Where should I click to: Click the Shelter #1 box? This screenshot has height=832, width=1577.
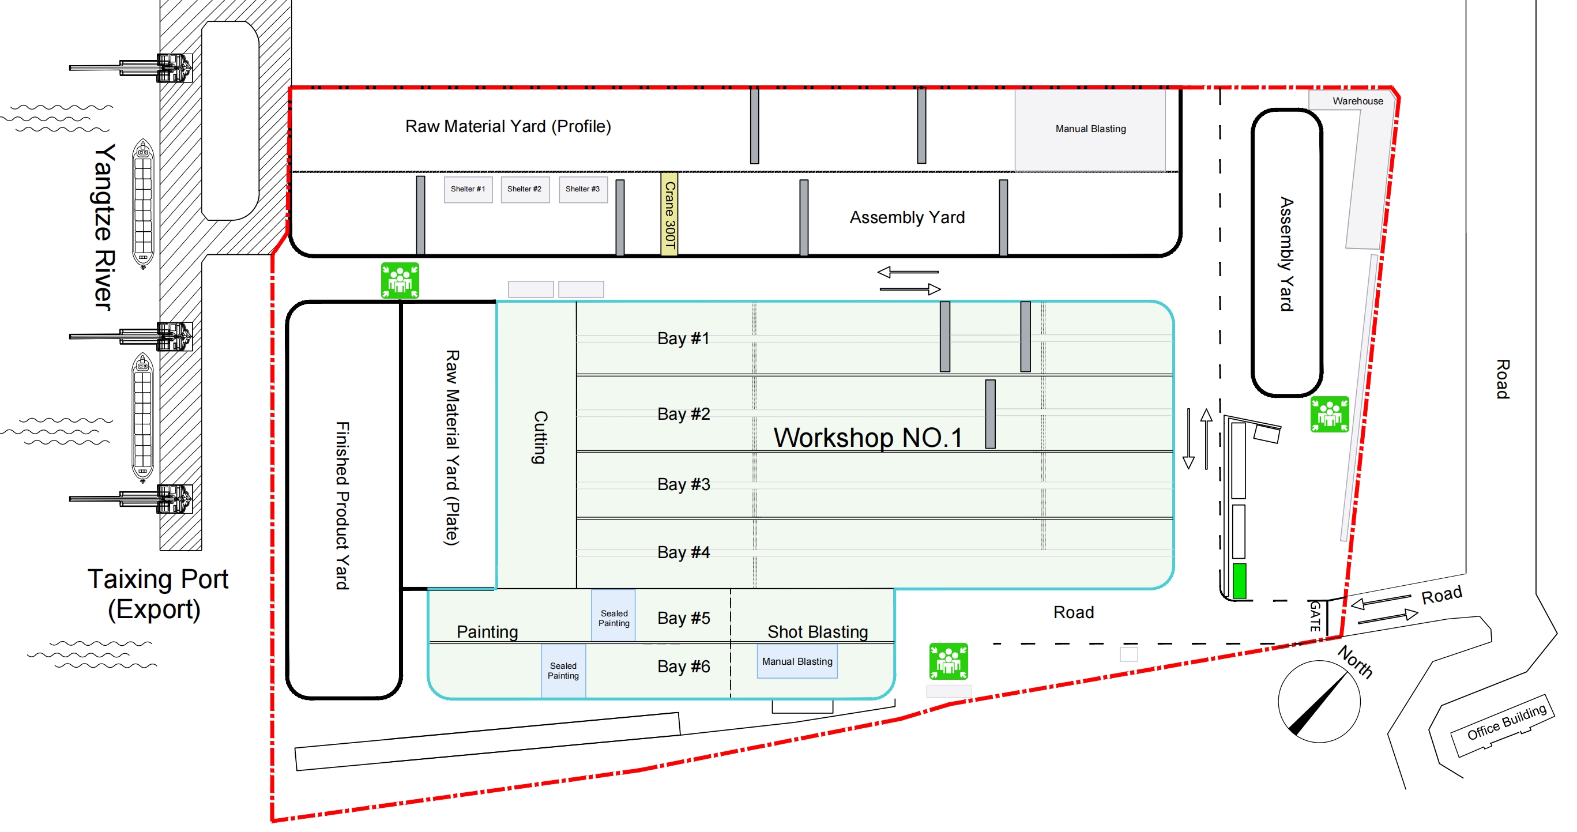pos(468,189)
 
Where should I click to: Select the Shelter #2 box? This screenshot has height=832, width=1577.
pos(525,189)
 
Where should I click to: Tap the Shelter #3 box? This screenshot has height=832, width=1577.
pos(583,189)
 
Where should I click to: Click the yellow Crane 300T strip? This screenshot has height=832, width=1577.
pos(669,214)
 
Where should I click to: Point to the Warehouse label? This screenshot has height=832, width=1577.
pos(1357,101)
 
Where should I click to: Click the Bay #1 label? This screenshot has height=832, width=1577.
pos(683,338)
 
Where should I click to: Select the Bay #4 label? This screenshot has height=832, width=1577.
pos(683,552)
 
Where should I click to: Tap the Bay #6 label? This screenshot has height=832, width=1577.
pos(683,666)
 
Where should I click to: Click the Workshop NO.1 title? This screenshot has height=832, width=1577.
pos(867,438)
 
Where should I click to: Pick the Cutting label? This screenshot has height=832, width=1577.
pos(540,437)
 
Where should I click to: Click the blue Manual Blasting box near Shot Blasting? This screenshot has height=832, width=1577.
pos(797,662)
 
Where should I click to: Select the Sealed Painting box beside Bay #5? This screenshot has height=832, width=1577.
pos(614,618)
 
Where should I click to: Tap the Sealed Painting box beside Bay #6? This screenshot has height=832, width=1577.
pos(563,671)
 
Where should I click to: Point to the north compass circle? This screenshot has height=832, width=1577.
pos(1319,702)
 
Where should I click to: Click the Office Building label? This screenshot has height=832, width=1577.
pos(1507,722)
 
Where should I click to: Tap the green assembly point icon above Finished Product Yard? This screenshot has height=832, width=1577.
pos(400,280)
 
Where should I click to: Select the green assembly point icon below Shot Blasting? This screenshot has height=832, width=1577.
pos(949,661)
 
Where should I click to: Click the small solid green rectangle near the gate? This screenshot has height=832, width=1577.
pos(1239,581)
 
